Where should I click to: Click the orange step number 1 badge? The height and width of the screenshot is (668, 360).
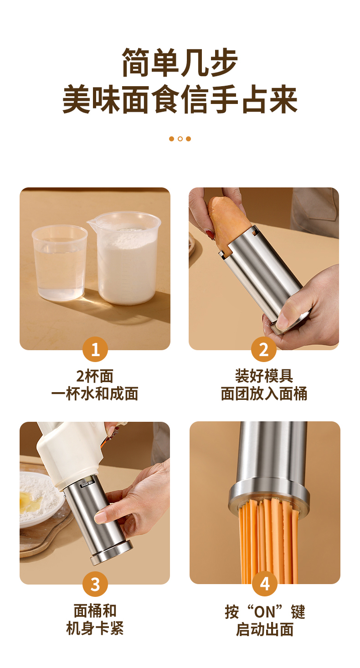[95, 349]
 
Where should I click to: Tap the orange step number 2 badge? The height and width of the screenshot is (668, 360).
[264, 349]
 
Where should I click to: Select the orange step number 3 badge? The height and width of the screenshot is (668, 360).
[95, 584]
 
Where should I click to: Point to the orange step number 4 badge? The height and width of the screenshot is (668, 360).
[265, 584]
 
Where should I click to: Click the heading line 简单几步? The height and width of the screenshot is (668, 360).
[180, 62]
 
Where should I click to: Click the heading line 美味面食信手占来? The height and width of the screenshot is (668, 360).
[180, 99]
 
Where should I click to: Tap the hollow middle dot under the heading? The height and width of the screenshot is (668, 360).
[180, 139]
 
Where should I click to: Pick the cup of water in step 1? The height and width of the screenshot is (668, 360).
[60, 263]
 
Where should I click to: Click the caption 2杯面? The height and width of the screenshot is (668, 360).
[95, 376]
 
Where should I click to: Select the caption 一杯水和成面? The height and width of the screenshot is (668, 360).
[95, 394]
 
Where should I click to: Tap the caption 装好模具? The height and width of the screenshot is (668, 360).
[264, 376]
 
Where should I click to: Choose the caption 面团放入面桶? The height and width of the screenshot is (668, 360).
[264, 394]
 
